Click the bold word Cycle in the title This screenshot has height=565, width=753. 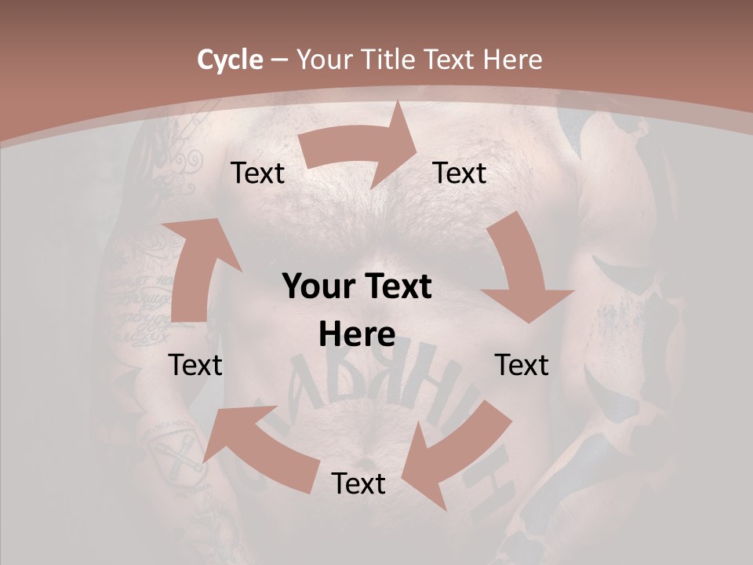(230, 60)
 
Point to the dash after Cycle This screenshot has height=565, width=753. (279, 60)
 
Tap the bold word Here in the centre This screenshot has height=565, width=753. (357, 334)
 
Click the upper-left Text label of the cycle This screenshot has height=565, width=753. (257, 173)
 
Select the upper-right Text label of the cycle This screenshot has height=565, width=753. (460, 173)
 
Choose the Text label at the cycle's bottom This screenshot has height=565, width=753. (358, 484)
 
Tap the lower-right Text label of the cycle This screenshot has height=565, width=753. (522, 365)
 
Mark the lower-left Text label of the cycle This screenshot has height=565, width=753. (195, 365)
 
